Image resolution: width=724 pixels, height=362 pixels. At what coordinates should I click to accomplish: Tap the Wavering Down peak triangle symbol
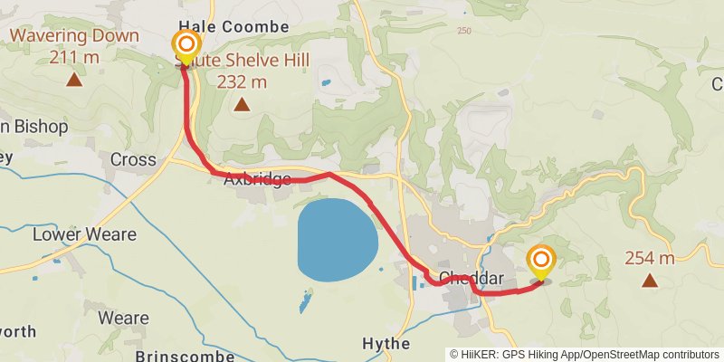[74, 80]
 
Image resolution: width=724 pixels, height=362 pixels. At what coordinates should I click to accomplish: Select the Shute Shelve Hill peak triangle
[242, 105]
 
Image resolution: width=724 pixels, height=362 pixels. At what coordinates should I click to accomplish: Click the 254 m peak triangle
[650, 281]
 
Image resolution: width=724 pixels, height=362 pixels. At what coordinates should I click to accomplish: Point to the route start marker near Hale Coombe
[186, 46]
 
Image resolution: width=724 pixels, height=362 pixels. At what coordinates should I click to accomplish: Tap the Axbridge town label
[257, 179]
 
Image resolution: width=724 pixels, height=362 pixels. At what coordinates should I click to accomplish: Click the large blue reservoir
[337, 240]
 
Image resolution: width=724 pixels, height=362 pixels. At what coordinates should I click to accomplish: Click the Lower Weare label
[84, 234]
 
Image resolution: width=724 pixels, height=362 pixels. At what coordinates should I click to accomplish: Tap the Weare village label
[123, 318]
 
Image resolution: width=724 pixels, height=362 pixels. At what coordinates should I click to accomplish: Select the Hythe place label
[386, 344]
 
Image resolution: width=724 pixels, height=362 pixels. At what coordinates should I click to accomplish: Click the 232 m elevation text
[242, 82]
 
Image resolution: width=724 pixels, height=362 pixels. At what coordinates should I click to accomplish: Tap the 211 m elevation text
[74, 57]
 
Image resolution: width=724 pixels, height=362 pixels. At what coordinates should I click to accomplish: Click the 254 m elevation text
[650, 259]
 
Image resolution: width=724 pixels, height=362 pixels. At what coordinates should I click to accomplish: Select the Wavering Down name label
[74, 37]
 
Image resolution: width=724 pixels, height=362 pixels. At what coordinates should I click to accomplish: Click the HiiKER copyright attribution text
[585, 354]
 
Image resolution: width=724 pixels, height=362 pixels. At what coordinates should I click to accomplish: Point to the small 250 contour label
[464, 32]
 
